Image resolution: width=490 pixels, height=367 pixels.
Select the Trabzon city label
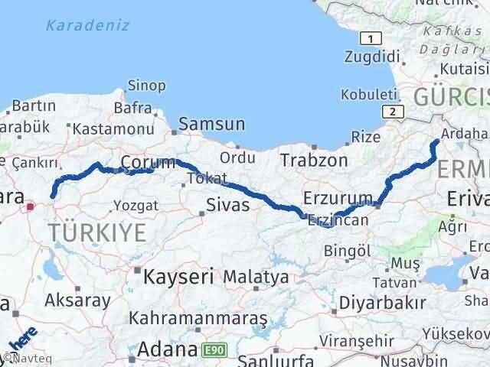tap(313, 161)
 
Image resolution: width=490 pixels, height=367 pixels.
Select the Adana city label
tap(168, 351)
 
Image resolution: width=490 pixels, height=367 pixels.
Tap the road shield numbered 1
tap(371, 39)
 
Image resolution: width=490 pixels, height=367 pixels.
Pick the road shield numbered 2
tap(394, 112)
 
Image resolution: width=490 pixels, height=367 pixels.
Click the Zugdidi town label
tap(373, 57)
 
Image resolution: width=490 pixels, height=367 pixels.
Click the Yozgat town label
tap(136, 205)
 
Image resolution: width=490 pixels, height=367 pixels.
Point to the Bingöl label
tap(348, 250)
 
